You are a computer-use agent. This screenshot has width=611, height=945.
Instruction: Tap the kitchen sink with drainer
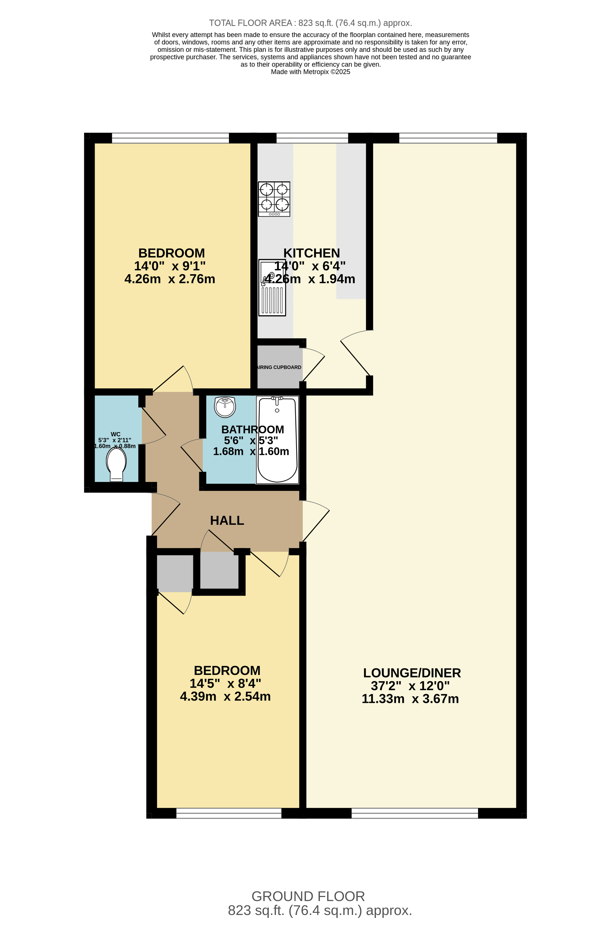click(x=272, y=288)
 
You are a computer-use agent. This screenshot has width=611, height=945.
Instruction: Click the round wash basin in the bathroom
click(x=225, y=407)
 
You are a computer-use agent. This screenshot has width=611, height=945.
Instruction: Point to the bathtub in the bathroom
click(x=277, y=440)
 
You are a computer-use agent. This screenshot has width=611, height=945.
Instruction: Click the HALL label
click(x=227, y=520)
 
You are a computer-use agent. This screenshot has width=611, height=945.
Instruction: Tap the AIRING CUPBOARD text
click(x=279, y=367)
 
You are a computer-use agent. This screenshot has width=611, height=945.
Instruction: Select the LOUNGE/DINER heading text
click(x=412, y=673)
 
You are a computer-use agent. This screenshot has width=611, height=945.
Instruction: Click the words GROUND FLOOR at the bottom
click(x=308, y=896)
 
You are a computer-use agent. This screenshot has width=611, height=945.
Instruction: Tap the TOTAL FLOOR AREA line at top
click(x=310, y=23)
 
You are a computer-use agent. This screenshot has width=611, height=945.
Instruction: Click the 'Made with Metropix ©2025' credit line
click(x=310, y=72)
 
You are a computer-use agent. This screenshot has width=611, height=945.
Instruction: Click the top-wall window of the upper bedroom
click(x=170, y=138)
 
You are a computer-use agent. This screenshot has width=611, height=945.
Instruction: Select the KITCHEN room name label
click(x=312, y=253)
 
